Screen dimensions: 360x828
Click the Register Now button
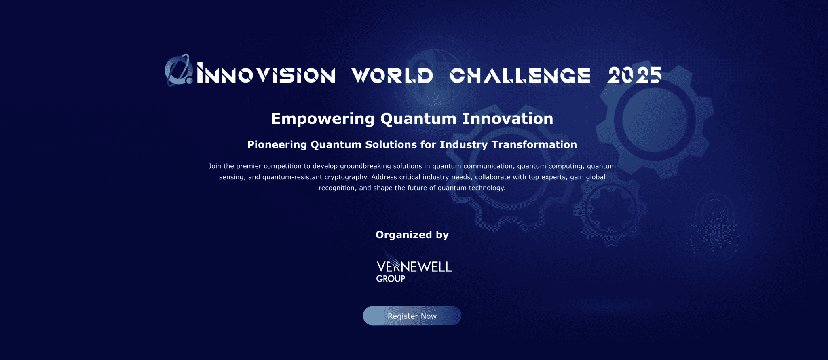tap(412, 316)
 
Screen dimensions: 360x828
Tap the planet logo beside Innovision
tap(178, 70)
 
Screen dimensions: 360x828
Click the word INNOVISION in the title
tap(266, 75)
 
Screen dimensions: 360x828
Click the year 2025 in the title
tap(634, 75)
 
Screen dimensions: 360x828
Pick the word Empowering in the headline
tap(323, 119)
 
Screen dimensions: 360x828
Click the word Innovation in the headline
tap(507, 119)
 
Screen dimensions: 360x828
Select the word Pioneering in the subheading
tap(277, 145)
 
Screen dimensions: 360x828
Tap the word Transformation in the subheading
tap(534, 145)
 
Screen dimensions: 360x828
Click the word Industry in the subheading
tap(464, 145)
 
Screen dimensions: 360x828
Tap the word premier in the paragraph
tap(249, 166)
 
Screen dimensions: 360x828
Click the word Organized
tap(403, 235)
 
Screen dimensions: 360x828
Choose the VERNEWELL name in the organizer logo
tap(414, 267)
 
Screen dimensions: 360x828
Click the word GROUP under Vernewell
tap(391, 279)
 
